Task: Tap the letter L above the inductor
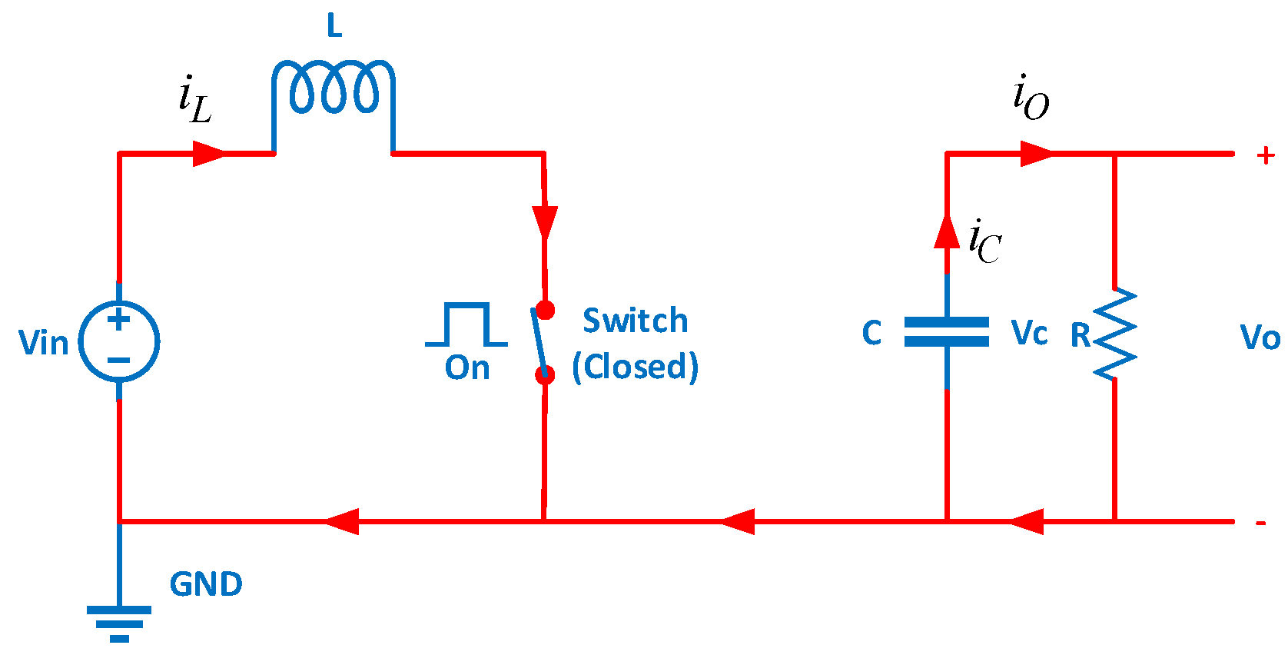tap(334, 26)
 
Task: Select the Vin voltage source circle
tap(119, 341)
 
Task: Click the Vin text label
tap(44, 343)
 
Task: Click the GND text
tap(206, 584)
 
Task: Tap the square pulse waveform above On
tap(466, 325)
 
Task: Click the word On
tap(467, 368)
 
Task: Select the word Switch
tap(635, 321)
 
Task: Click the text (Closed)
tap(635, 367)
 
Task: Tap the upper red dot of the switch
tap(545, 311)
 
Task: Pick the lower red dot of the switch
tap(545, 374)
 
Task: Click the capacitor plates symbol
tap(947, 332)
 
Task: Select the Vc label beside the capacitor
tap(1029, 334)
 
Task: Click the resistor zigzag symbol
tap(1114, 334)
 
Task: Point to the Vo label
tap(1260, 338)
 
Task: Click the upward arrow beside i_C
tap(947, 231)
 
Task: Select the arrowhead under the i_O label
tap(1037, 153)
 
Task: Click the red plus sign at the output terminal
tap(1266, 155)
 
